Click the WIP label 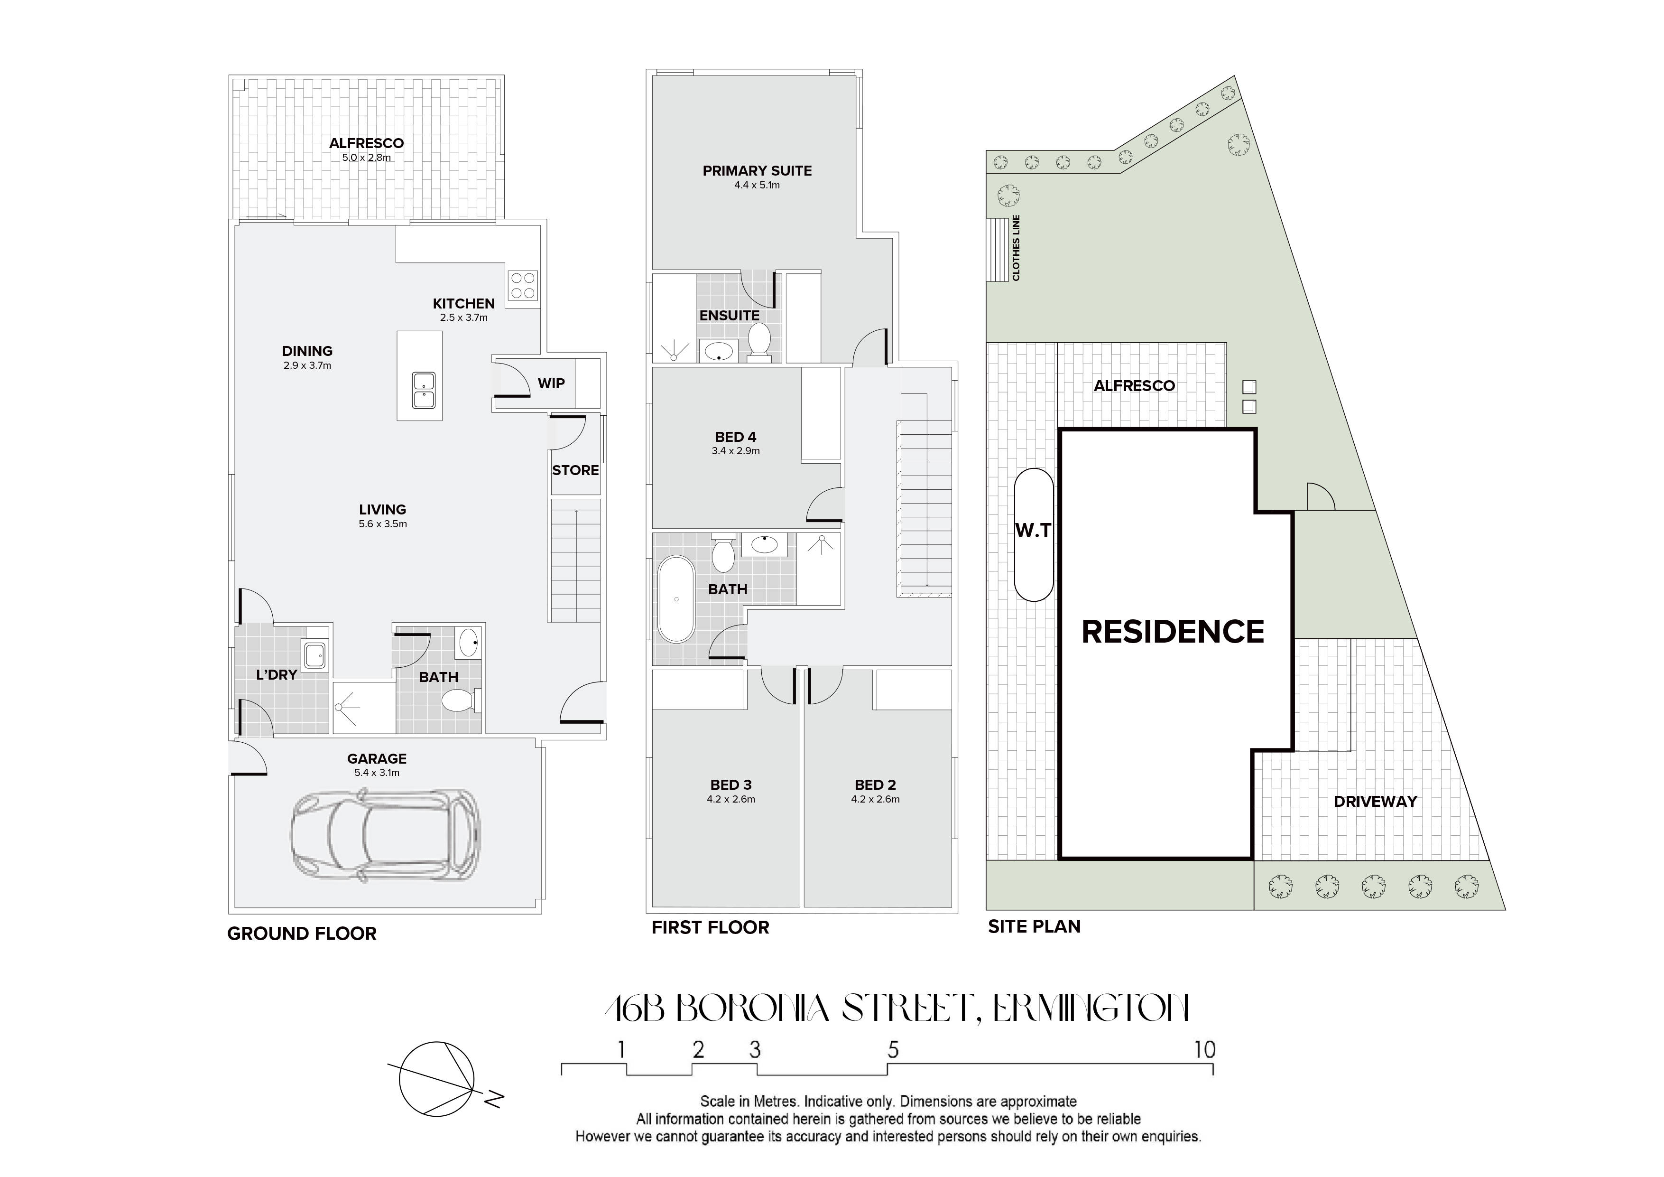(551, 383)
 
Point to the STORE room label (575, 470)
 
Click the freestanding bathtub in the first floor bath (676, 599)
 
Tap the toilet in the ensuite (759, 340)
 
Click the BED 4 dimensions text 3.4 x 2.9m (736, 451)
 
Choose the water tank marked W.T (1034, 534)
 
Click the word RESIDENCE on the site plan (1173, 632)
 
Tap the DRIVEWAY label (1375, 801)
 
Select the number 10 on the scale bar (1204, 1049)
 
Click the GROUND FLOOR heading (302, 934)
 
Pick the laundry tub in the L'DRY (315, 655)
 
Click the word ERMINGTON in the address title (1090, 1009)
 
